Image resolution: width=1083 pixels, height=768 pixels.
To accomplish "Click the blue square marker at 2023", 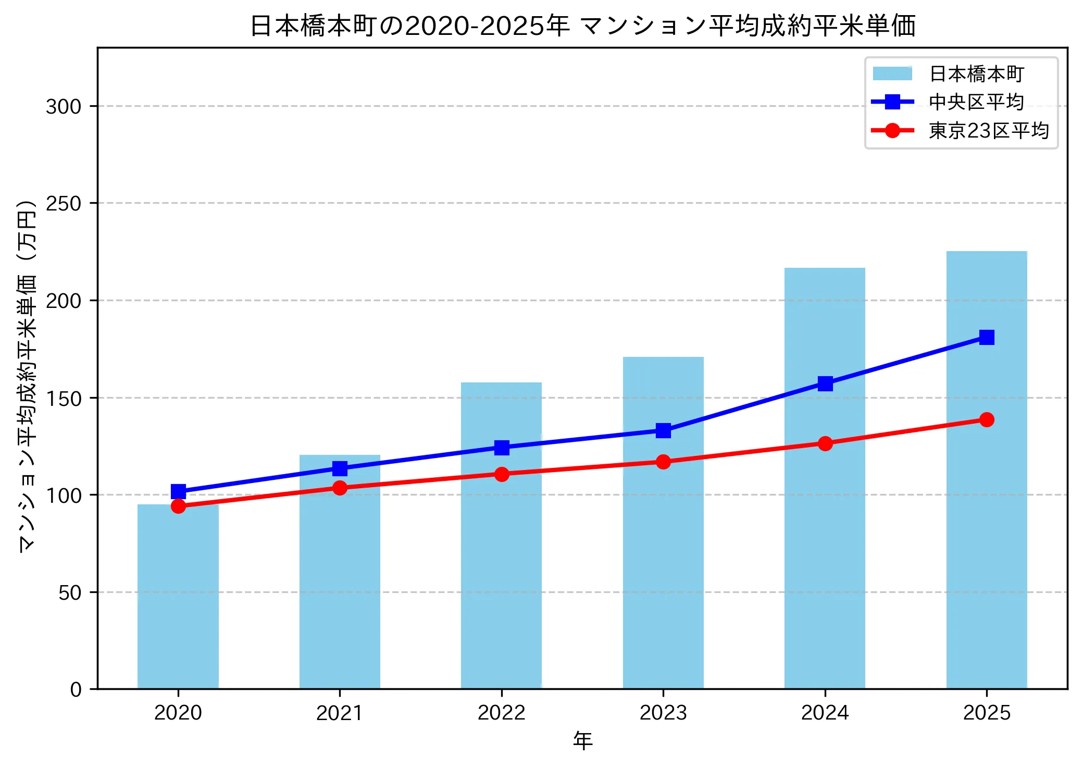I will pyautogui.click(x=663, y=430).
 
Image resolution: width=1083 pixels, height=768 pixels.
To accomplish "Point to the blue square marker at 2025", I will pyautogui.click(x=986, y=337).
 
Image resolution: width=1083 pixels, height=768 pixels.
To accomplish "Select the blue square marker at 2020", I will pyautogui.click(x=178, y=491).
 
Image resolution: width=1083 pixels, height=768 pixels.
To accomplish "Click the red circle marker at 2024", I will pyautogui.click(x=825, y=443).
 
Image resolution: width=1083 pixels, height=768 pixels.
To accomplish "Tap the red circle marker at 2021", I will pyautogui.click(x=340, y=488).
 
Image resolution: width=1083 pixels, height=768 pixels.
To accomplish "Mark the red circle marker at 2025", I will pyautogui.click(x=986, y=419).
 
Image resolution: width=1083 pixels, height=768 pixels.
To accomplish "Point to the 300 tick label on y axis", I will pyautogui.click(x=64, y=107).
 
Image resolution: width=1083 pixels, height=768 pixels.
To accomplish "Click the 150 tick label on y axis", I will pyautogui.click(x=64, y=399).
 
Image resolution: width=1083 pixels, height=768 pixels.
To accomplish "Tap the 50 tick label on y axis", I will pyautogui.click(x=70, y=593).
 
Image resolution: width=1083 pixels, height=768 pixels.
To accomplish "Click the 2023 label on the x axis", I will pyautogui.click(x=663, y=713).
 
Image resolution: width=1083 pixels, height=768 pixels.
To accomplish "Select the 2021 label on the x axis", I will pyautogui.click(x=340, y=713).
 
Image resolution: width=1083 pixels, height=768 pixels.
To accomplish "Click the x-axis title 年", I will pyautogui.click(x=582, y=740).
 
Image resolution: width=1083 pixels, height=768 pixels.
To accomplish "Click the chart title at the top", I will pyautogui.click(x=582, y=26).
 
